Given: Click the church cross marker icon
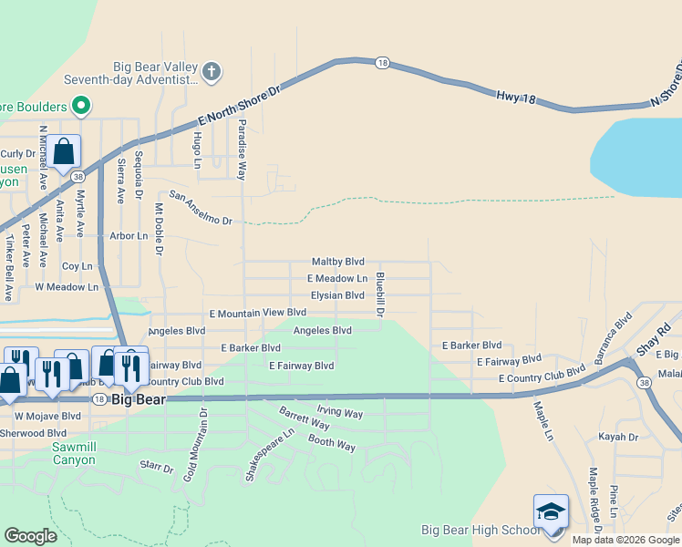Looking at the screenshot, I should [x=212, y=70].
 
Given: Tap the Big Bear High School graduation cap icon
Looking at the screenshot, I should [x=551, y=511].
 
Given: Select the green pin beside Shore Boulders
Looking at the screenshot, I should [x=80, y=106].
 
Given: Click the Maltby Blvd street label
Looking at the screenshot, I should [x=338, y=262].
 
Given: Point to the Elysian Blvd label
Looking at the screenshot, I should [x=337, y=295].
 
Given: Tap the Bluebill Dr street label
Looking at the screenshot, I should [x=380, y=294].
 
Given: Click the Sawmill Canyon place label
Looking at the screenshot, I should [x=73, y=454].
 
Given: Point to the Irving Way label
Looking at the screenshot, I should [x=339, y=414].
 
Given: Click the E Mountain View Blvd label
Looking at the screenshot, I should [x=257, y=313].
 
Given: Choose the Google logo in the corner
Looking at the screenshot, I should [x=31, y=535].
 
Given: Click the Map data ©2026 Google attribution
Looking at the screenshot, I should [x=626, y=540].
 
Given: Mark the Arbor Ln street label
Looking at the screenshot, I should [x=129, y=236].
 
